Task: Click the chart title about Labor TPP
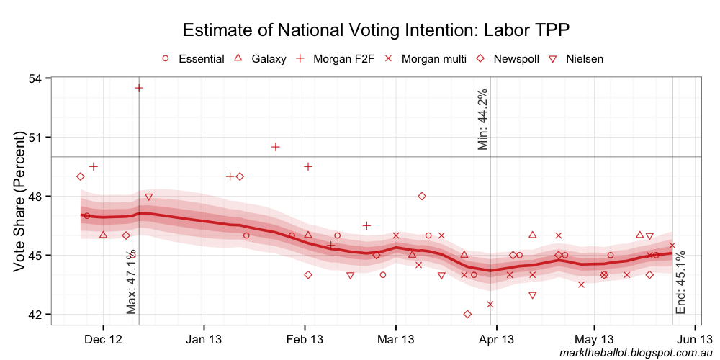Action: [x=377, y=30]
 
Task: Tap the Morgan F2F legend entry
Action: [x=336, y=58]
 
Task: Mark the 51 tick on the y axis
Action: [x=35, y=137]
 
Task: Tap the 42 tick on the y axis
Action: [x=35, y=314]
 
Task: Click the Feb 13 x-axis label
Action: [x=305, y=338]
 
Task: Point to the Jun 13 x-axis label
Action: [x=694, y=338]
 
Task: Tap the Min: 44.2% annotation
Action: [x=483, y=120]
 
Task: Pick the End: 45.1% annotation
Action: [x=681, y=282]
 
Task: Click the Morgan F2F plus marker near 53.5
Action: [x=139, y=88]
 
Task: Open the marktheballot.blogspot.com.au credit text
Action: [x=635, y=352]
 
